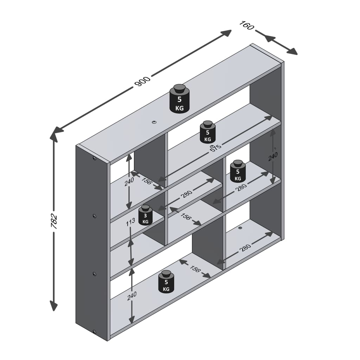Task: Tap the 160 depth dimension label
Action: (x=246, y=25)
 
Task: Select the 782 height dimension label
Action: (x=54, y=221)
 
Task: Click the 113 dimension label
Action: (x=130, y=222)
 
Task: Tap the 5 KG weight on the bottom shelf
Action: (x=166, y=282)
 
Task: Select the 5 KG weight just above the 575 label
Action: (x=207, y=132)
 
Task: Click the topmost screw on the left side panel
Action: (x=94, y=158)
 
